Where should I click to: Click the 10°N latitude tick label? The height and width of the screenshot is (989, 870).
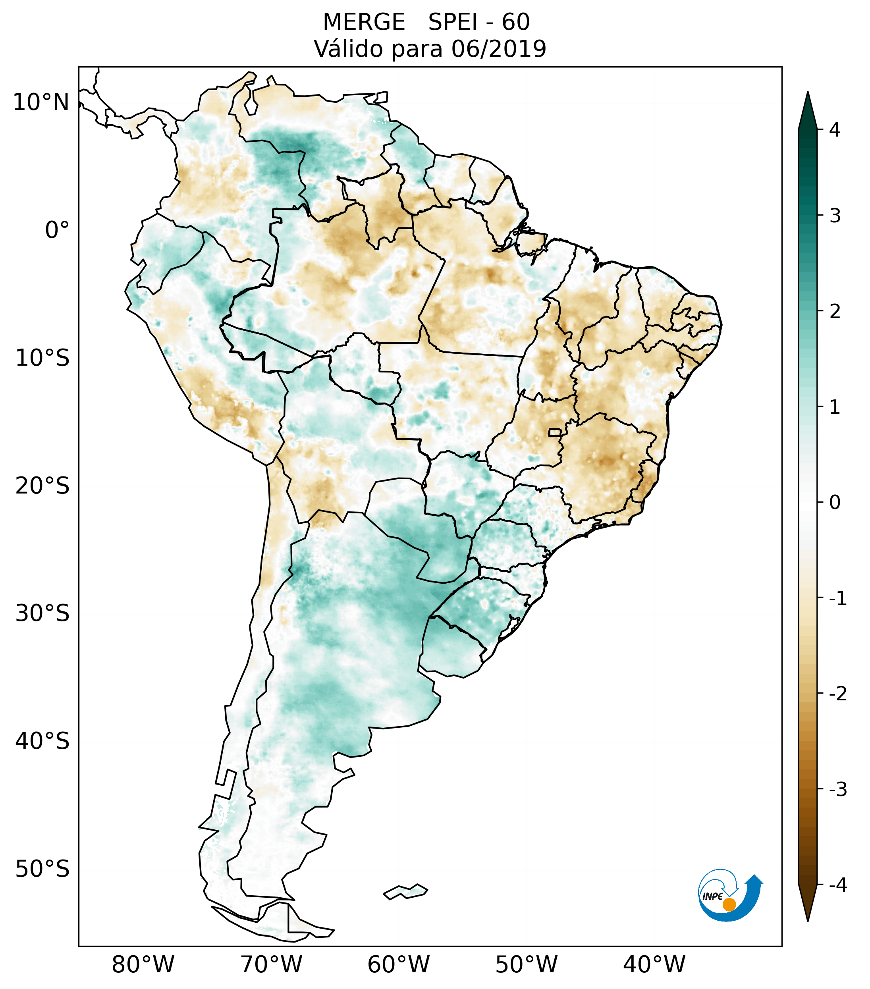point(41,102)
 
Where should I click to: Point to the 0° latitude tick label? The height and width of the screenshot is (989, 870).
point(57,230)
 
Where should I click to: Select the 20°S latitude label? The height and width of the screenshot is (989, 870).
point(42,486)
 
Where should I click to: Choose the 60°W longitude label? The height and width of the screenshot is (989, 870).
point(398,964)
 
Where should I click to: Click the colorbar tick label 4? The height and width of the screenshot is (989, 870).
point(835,130)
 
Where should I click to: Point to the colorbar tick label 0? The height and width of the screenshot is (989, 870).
point(835,503)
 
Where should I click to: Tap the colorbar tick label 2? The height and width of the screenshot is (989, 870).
point(835,312)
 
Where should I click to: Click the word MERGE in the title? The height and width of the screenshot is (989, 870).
point(364,22)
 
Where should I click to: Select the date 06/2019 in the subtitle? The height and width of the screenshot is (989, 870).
point(499,49)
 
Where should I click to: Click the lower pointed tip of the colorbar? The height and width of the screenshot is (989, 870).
point(807,920)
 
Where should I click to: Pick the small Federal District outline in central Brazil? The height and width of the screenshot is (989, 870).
point(555,432)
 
